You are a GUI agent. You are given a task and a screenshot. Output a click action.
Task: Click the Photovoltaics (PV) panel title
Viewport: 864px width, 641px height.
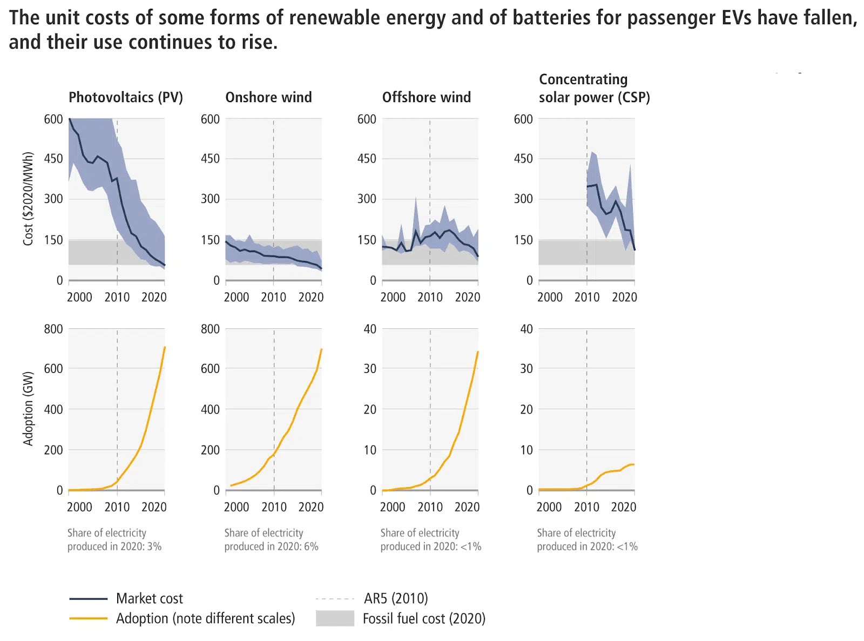tap(125, 97)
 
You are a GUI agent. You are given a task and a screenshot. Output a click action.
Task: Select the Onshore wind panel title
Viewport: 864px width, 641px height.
tap(268, 97)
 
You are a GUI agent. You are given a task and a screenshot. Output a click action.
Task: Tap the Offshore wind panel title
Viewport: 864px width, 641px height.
tap(426, 97)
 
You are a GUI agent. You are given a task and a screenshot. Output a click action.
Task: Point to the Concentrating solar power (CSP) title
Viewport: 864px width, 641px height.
tap(594, 89)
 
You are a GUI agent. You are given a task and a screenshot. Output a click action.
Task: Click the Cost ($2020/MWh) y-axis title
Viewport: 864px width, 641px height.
tap(28, 199)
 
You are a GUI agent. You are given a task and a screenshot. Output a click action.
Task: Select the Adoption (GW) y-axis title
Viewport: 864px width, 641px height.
tap(28, 408)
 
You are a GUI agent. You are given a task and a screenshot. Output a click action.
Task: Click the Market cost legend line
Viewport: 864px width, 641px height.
tap(88, 599)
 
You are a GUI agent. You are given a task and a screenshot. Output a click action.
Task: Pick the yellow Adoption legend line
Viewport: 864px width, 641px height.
tap(88, 618)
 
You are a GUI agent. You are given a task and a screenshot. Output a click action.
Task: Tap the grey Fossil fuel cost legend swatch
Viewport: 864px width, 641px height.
tap(335, 618)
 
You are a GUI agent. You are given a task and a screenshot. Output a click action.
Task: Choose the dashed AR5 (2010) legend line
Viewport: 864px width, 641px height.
tap(335, 599)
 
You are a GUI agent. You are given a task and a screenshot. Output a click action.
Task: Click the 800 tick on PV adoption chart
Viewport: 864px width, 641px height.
tap(53, 329)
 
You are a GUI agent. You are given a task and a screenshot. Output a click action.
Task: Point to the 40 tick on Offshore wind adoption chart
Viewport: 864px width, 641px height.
tap(369, 329)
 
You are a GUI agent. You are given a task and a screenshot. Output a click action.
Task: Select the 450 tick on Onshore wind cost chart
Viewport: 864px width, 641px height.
tap(210, 159)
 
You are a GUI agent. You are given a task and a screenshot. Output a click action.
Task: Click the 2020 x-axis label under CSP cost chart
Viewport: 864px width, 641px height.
tap(624, 297)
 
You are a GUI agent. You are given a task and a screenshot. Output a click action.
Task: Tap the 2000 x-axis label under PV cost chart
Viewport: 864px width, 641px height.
tap(79, 297)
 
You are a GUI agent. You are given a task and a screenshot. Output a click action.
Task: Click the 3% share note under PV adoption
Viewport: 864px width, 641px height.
tap(154, 546)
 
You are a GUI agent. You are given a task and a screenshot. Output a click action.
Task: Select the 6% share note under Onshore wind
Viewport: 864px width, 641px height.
tap(311, 546)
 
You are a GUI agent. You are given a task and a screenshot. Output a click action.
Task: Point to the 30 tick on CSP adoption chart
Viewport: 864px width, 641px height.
tap(526, 369)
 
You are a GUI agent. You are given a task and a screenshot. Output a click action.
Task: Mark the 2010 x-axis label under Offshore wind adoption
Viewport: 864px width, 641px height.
tap(430, 507)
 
